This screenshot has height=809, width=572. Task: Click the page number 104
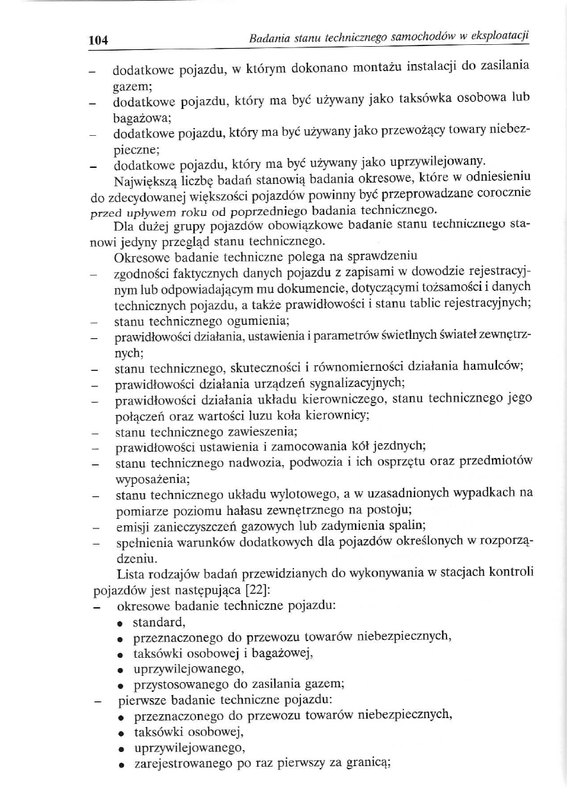(98, 40)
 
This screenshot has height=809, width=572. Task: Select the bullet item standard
(159, 621)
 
